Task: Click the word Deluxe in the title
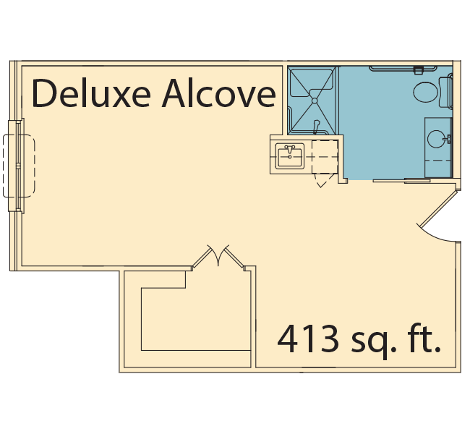[x=91, y=93]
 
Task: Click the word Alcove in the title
[x=219, y=93]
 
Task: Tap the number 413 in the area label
[x=308, y=339]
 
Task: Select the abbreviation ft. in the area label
[x=427, y=339]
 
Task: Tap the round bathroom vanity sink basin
[x=437, y=139]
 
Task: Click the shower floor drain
[x=315, y=101]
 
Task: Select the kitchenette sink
[x=290, y=156]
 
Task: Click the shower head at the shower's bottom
[x=316, y=127]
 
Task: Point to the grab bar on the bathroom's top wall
[x=403, y=69]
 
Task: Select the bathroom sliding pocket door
[x=401, y=181]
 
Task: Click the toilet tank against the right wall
[x=445, y=92]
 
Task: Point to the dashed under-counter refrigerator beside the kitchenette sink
[x=325, y=157]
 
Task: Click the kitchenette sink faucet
[x=289, y=149]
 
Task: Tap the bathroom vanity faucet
[x=449, y=139]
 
